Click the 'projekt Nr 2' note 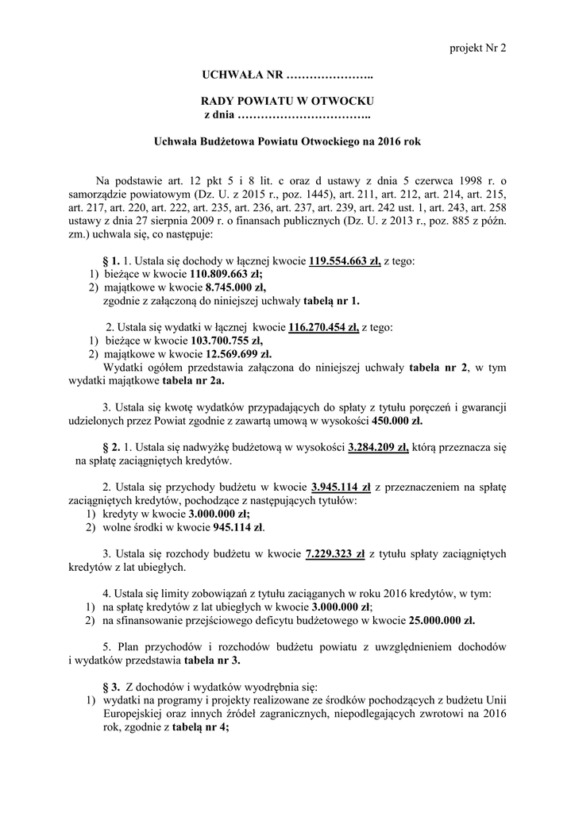479,48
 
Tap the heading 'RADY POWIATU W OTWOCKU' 287,102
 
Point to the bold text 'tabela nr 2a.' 191,380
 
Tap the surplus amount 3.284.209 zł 378,447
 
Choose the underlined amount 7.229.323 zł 334,553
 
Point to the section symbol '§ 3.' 111,687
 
